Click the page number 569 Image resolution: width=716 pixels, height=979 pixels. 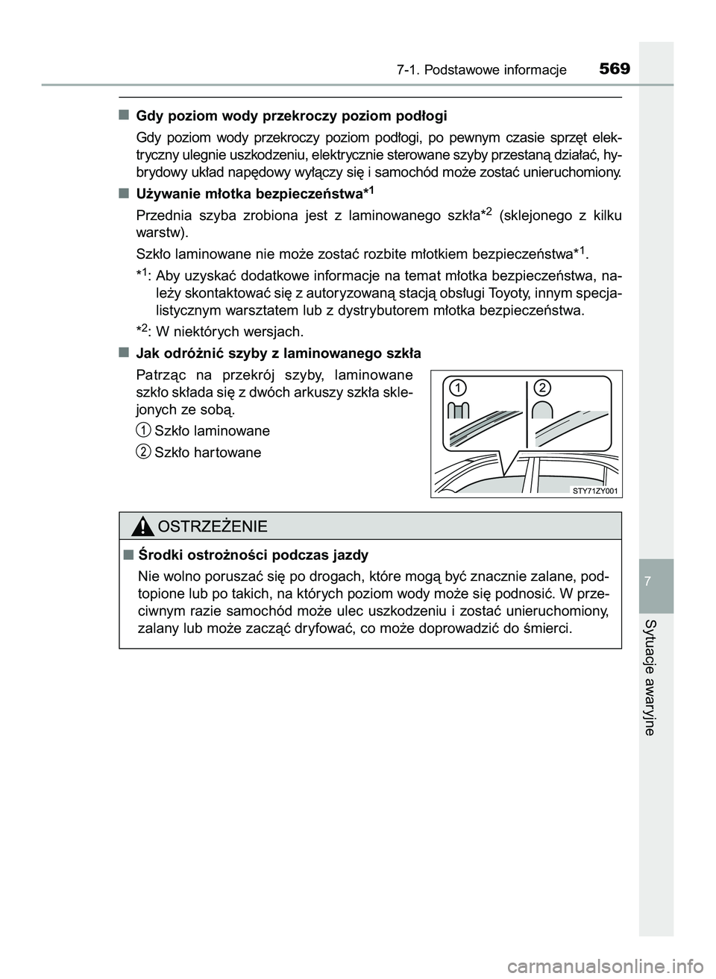[614, 69]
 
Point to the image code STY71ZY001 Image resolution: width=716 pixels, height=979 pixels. [596, 491]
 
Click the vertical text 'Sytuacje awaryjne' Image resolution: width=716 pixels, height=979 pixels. [650, 677]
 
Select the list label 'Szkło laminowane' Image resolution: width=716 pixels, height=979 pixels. [212, 431]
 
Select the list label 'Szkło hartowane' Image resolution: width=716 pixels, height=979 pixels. [207, 453]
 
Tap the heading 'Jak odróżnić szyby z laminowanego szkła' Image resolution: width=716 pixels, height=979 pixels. [279, 353]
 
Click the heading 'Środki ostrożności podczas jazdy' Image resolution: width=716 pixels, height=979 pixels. [254, 555]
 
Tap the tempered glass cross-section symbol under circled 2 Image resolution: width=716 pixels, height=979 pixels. [543, 409]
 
